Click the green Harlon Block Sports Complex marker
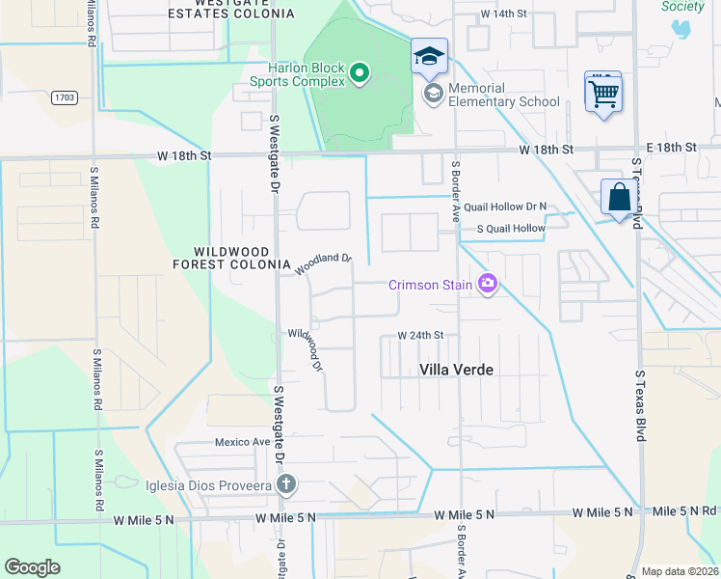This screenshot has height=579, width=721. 360,73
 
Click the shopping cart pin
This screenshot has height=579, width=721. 603,95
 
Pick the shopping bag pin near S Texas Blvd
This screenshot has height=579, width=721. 618,199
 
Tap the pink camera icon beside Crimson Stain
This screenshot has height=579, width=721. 488,284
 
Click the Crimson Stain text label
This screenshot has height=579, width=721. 430,285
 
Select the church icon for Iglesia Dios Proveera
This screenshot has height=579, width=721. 285,484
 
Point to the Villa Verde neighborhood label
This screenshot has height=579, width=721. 456,369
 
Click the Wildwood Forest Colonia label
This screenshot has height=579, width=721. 231,257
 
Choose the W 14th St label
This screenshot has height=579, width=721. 505,14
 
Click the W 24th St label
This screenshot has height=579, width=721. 420,336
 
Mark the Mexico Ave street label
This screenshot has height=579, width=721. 242,442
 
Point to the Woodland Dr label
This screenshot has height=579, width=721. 324,264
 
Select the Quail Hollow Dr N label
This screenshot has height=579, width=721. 504,207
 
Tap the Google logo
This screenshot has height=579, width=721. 32,567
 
